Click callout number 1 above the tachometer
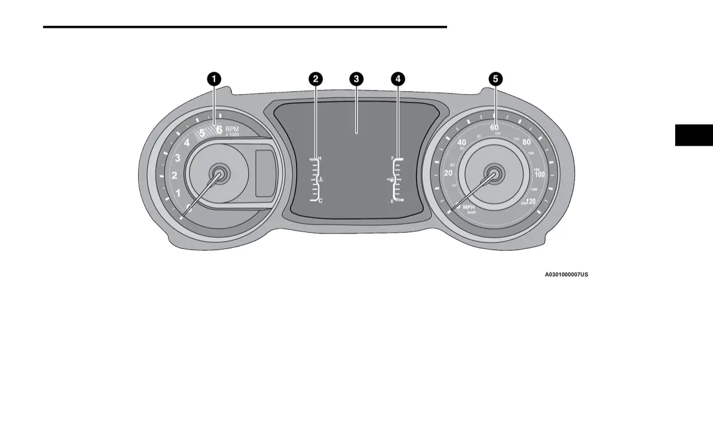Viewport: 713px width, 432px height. pyautogui.click(x=214, y=79)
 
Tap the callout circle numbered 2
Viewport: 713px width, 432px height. pyautogui.click(x=315, y=79)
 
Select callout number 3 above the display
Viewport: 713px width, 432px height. pyautogui.click(x=356, y=79)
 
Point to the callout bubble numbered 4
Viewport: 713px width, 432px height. pyautogui.click(x=397, y=79)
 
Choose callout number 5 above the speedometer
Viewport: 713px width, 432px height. pyautogui.click(x=495, y=79)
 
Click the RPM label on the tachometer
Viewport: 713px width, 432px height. pyautogui.click(x=232, y=128)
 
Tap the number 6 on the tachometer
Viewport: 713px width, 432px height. pyautogui.click(x=219, y=129)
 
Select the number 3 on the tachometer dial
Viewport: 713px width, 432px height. pyautogui.click(x=177, y=158)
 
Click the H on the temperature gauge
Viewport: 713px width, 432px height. pyautogui.click(x=320, y=158)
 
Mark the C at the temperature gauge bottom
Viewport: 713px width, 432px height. pyautogui.click(x=320, y=201)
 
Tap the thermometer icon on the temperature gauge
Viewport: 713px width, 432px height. pyautogui.click(x=322, y=179)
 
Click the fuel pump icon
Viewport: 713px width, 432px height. pyautogui.click(x=391, y=179)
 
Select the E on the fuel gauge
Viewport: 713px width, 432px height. pyautogui.click(x=392, y=202)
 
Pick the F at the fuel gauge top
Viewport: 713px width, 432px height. pyautogui.click(x=392, y=158)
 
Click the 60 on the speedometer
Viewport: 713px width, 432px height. pyautogui.click(x=495, y=127)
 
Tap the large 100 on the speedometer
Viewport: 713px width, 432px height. pyautogui.click(x=540, y=174)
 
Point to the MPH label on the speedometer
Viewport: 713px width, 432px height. pyautogui.click(x=469, y=206)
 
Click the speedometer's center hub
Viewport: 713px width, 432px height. pyautogui.click(x=495, y=173)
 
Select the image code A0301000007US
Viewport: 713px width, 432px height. pyautogui.click(x=566, y=275)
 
